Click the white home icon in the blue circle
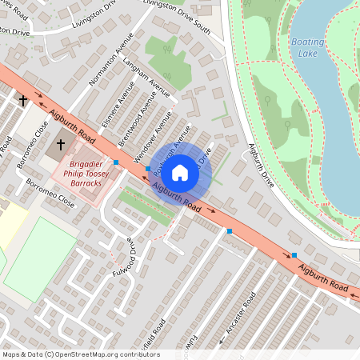click(x=180, y=172)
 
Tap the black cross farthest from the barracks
click(x=23, y=101)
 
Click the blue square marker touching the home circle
click(x=148, y=168)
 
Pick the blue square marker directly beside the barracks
click(x=117, y=162)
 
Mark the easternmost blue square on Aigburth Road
click(x=294, y=255)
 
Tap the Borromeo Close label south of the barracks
click(x=50, y=193)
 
